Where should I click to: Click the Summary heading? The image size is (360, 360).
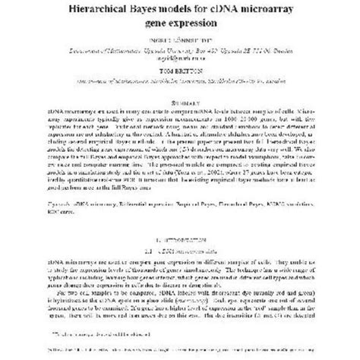180,101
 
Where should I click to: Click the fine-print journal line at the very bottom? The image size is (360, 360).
180,351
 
